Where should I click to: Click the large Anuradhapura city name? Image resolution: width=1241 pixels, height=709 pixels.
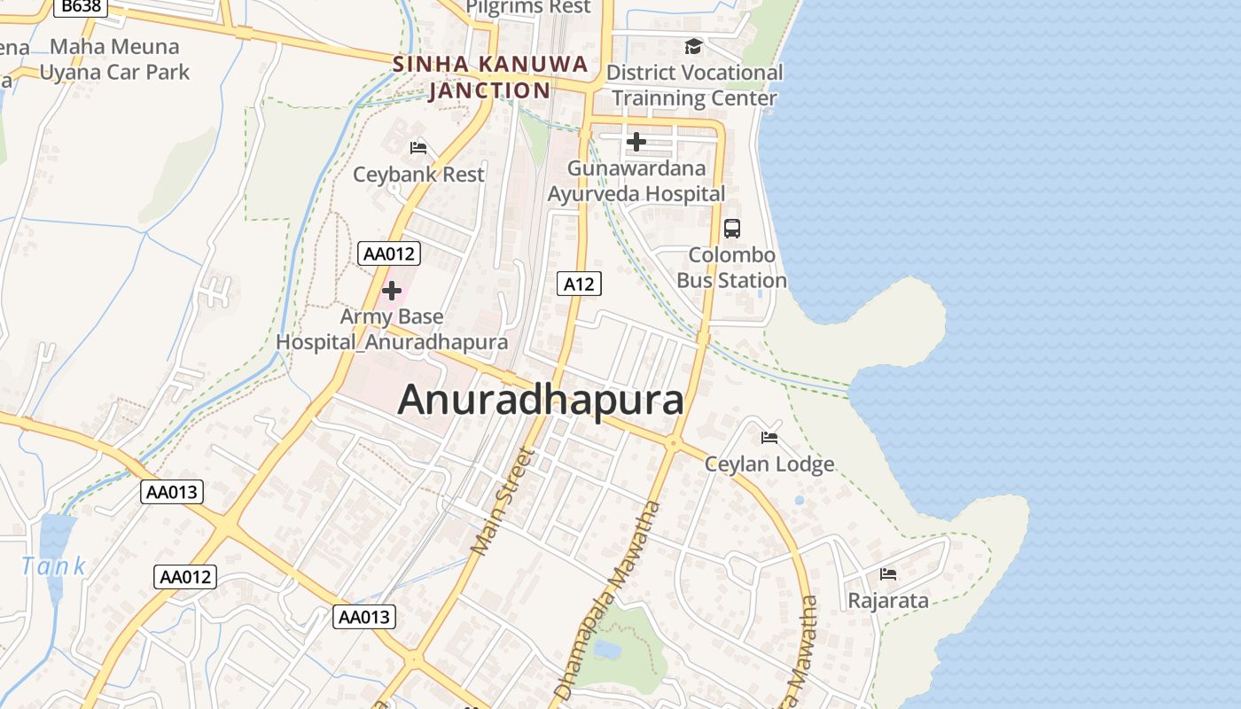pyautogui.click(x=541, y=400)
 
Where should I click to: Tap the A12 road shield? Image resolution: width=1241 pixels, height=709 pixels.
pyautogui.click(x=579, y=284)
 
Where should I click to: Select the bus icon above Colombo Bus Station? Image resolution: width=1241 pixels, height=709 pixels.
pyautogui.click(x=732, y=229)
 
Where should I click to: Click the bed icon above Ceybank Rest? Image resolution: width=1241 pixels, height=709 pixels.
pyautogui.click(x=418, y=147)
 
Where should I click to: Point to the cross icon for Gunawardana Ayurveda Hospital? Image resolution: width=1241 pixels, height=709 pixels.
pyautogui.click(x=636, y=142)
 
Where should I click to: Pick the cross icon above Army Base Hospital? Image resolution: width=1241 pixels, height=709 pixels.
pyautogui.click(x=391, y=291)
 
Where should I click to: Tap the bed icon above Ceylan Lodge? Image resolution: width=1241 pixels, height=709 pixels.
pyautogui.click(x=769, y=438)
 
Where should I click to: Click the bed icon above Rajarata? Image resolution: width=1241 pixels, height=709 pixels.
pyautogui.click(x=888, y=574)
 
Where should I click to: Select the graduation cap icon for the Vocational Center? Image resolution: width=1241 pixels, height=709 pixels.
pyautogui.click(x=693, y=46)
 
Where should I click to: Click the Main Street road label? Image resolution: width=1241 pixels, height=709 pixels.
pyautogui.click(x=503, y=502)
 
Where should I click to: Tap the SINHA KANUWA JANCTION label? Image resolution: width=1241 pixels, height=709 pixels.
pyautogui.click(x=490, y=77)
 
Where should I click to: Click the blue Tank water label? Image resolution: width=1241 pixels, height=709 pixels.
pyautogui.click(x=53, y=565)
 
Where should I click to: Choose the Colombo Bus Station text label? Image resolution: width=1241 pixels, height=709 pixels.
pyautogui.click(x=732, y=268)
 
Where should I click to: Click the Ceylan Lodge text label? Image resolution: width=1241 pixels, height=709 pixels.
pyautogui.click(x=769, y=464)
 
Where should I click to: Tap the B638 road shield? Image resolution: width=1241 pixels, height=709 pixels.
pyautogui.click(x=81, y=6)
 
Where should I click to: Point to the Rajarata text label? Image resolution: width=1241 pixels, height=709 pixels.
pyautogui.click(x=888, y=601)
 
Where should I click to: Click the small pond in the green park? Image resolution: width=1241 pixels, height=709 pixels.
pyautogui.click(x=607, y=650)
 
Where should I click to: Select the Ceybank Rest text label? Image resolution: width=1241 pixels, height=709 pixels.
pyautogui.click(x=418, y=174)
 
